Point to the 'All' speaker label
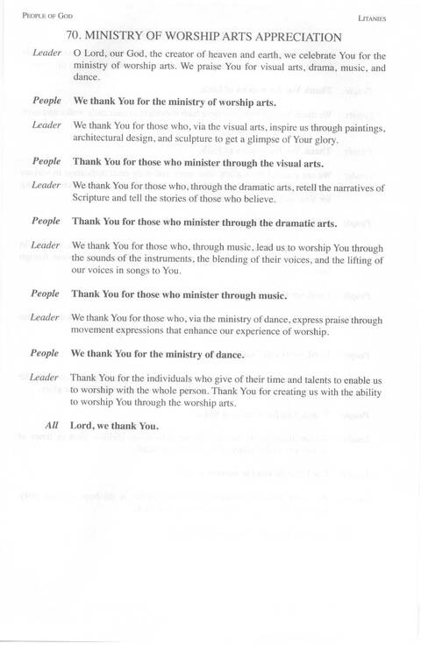52,426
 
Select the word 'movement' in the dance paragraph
97,331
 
